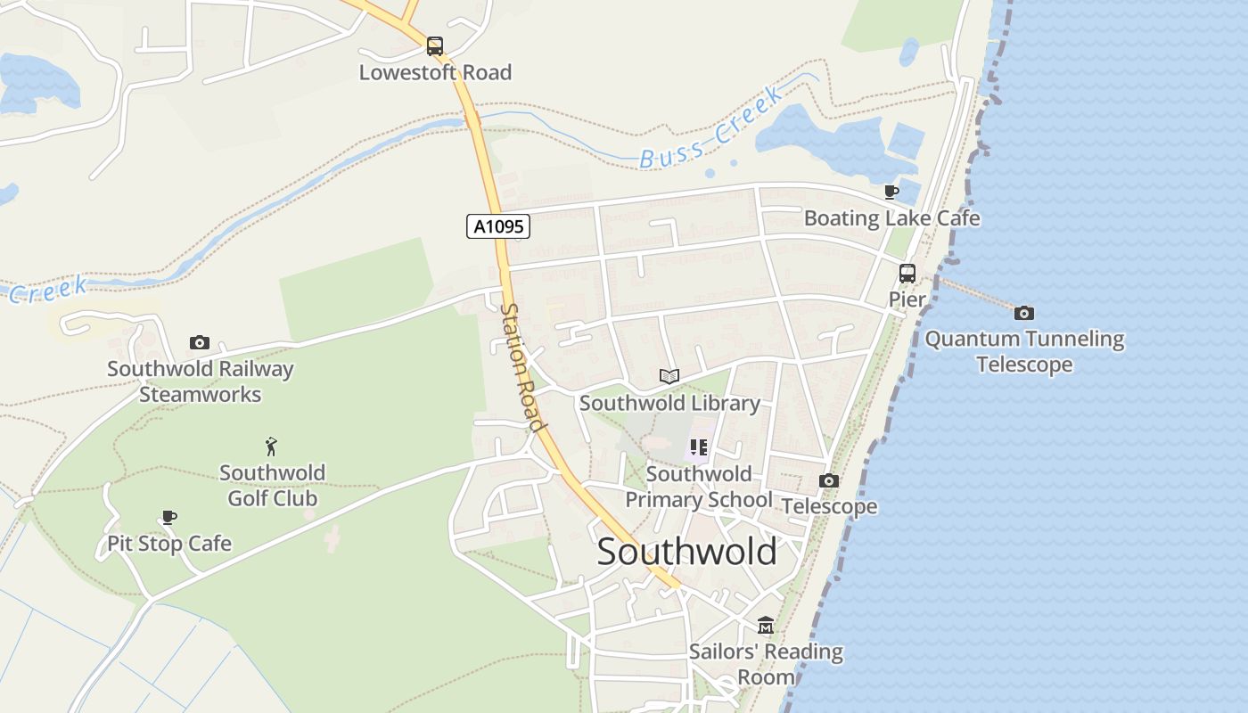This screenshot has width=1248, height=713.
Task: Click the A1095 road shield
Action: click(498, 226)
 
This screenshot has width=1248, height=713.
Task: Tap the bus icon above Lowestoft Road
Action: click(435, 45)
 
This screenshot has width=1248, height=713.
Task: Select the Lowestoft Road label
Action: click(435, 72)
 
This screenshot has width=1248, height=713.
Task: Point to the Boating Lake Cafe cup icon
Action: click(891, 192)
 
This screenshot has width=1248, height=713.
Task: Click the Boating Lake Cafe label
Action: click(891, 218)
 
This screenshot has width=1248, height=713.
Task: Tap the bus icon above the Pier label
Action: click(907, 274)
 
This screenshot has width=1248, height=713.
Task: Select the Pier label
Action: click(907, 299)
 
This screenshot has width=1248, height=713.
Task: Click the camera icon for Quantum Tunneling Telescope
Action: click(1024, 313)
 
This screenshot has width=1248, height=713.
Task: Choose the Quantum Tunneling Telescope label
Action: click(1024, 351)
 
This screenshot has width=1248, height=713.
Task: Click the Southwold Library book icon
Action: click(669, 376)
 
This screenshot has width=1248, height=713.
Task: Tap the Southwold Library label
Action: click(669, 403)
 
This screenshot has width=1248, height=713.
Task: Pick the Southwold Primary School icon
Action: click(698, 447)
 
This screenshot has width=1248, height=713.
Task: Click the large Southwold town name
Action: click(686, 552)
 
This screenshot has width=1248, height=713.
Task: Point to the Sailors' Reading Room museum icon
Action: click(766, 625)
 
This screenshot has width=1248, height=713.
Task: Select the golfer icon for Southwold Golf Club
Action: click(272, 446)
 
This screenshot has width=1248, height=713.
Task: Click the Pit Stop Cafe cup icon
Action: click(169, 517)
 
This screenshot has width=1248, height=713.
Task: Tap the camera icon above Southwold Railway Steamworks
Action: click(200, 342)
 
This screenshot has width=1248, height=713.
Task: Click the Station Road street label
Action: click(522, 366)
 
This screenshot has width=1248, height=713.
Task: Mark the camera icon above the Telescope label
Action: click(829, 481)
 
